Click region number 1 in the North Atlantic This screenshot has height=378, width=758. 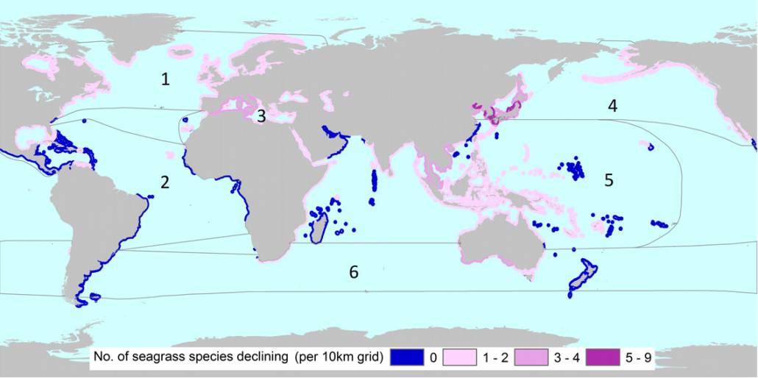tap(166, 79)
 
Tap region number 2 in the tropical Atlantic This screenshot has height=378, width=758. tap(165, 182)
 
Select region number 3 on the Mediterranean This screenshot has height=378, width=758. tap(261, 115)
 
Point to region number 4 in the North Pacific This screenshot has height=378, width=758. tap(612, 106)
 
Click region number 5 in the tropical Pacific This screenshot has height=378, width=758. tap(609, 180)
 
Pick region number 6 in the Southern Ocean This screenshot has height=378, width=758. tap(354, 273)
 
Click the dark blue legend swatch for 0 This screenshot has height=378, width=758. tap(408, 358)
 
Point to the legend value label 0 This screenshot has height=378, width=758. tap(433, 358)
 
